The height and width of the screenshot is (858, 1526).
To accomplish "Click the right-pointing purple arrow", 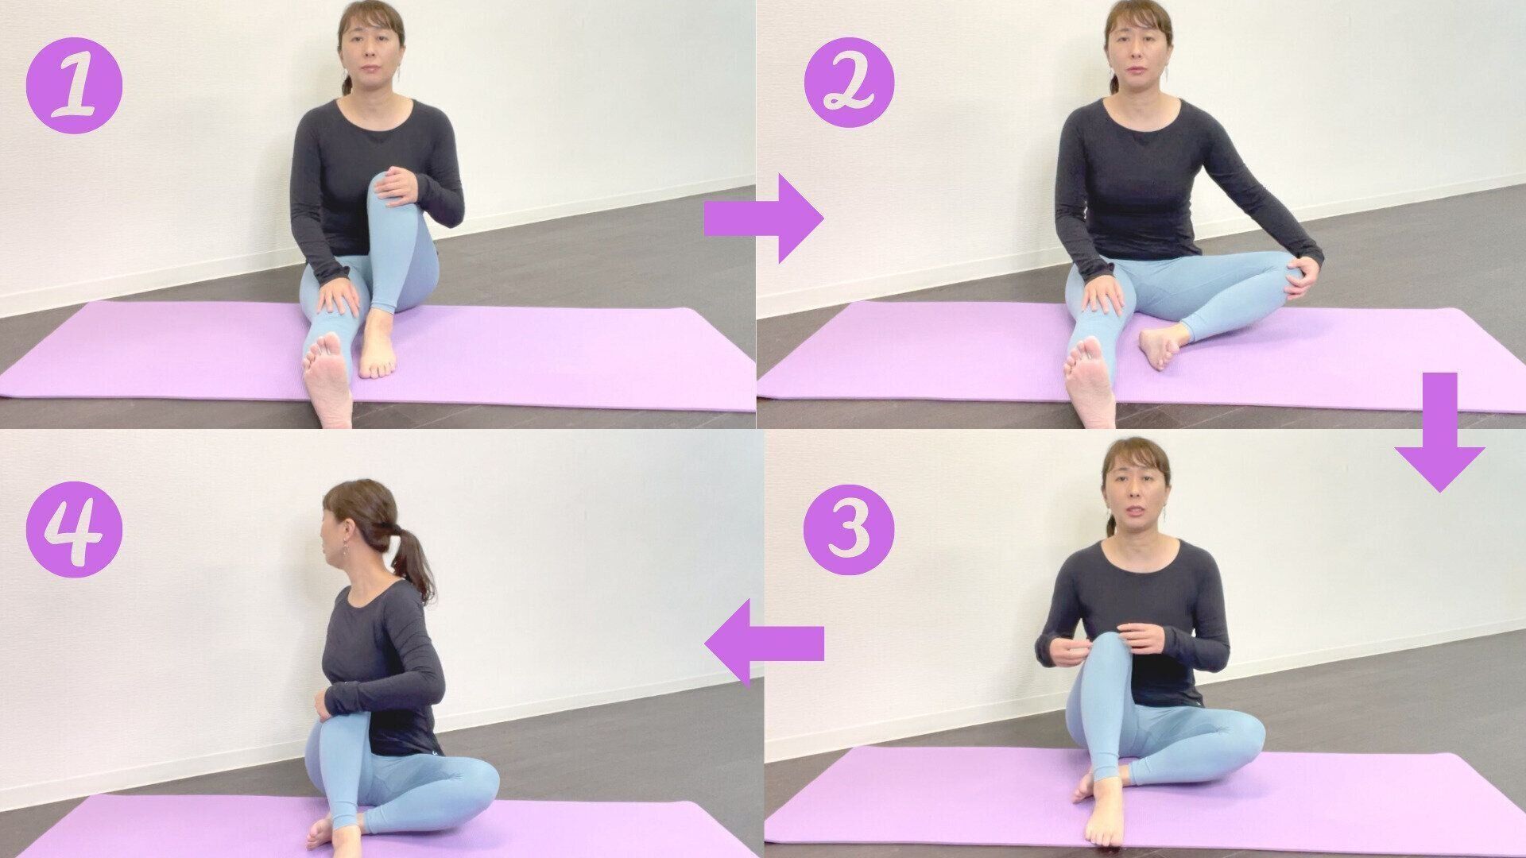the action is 763,218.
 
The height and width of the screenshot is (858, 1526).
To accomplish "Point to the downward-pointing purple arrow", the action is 1439,432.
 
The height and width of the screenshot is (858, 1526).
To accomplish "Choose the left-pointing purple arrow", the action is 764,643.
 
